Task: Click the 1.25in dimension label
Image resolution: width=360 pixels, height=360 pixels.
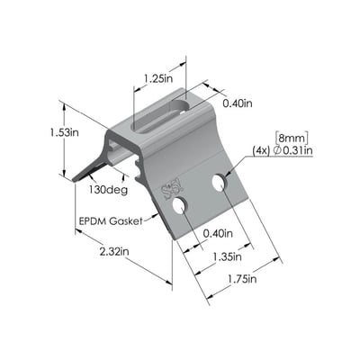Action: click(x=158, y=78)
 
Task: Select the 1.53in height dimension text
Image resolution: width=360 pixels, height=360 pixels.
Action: click(x=64, y=132)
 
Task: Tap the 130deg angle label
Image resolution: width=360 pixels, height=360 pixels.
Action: click(x=108, y=190)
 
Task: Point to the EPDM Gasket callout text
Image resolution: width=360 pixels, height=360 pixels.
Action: click(x=110, y=221)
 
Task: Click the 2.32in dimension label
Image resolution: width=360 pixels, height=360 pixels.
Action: click(x=114, y=251)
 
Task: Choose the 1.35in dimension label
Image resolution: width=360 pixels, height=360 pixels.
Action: click(x=227, y=256)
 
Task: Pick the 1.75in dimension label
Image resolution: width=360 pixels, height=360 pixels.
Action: click(x=242, y=279)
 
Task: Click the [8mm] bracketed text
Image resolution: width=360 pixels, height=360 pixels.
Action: click(x=292, y=139)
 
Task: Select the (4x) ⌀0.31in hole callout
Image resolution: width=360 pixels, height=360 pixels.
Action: click(x=283, y=151)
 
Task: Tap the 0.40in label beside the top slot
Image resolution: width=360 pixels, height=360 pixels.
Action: click(x=238, y=103)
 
